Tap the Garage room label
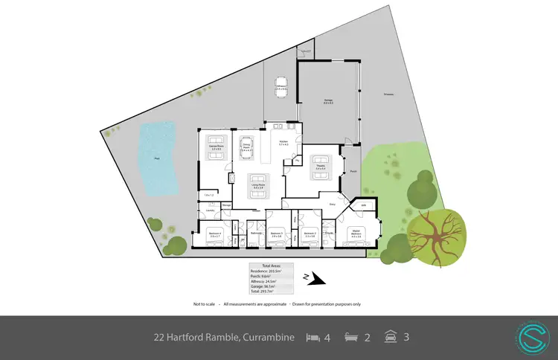[328, 101]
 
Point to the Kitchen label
[283, 141]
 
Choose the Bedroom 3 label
[277, 233]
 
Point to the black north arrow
[316, 279]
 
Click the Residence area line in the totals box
[272, 271]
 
